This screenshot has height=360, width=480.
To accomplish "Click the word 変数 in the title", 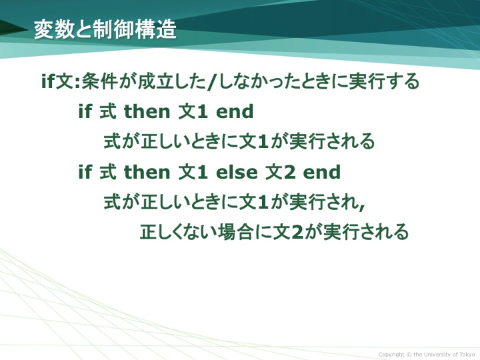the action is pyautogui.click(x=53, y=29).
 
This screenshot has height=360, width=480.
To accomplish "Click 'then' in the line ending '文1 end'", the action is pyautogui.click(x=147, y=111).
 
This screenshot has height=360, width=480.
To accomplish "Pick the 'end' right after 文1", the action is pyautogui.click(x=235, y=111).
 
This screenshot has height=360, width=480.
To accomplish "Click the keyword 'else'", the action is pyautogui.click(x=237, y=172).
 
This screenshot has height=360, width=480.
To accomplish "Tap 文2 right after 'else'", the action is pyautogui.click(x=281, y=172).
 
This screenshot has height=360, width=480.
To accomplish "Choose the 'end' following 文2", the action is pyautogui.click(x=322, y=172).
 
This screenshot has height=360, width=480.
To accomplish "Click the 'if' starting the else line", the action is pyautogui.click(x=85, y=172).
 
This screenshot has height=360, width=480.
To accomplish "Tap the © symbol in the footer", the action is pyautogui.click(x=409, y=355).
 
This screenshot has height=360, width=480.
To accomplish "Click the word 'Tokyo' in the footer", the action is pyautogui.click(x=468, y=355).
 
